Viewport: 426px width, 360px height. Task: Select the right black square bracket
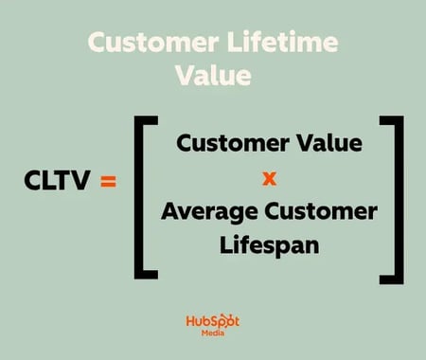tap(390, 196)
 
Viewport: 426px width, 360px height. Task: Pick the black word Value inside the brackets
tap(328, 145)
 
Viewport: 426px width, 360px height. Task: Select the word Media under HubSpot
tap(212, 337)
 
